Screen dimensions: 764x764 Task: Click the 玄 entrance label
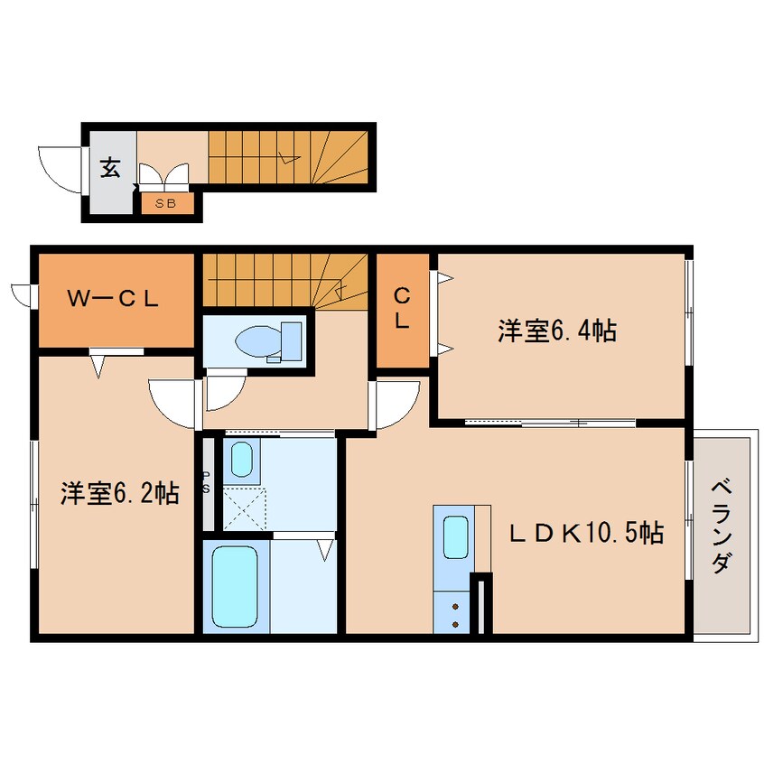tap(110, 168)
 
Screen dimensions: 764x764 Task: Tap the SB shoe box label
tap(166, 203)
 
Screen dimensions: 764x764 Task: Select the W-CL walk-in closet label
tap(115, 300)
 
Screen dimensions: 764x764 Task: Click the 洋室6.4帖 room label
tap(557, 331)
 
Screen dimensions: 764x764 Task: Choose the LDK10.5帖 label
tap(586, 533)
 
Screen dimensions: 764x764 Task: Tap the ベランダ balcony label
tap(721, 526)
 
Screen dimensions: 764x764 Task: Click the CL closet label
tap(402, 307)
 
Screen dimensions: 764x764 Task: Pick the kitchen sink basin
tap(457, 538)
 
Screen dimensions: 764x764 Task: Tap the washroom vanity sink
tap(241, 461)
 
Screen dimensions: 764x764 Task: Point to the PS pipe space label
tap(207, 482)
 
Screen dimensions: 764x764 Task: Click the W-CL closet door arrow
tap(98, 365)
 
